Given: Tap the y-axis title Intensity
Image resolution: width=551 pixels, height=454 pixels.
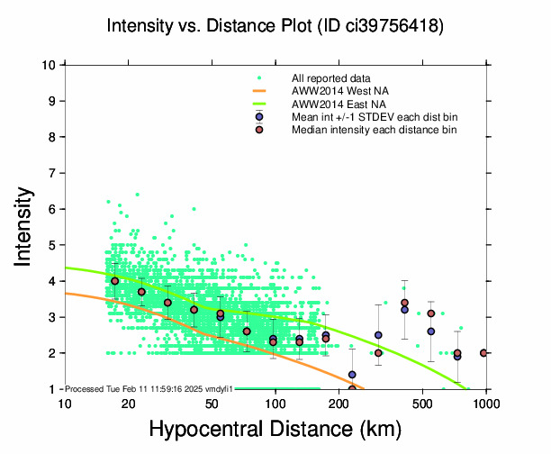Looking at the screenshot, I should tap(25, 226).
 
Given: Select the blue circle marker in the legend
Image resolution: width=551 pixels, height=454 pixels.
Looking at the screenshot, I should tap(259, 117).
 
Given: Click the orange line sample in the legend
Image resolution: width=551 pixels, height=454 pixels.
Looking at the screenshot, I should tap(259, 91).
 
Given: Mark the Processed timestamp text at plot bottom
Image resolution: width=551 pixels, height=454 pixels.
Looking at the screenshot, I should tap(149, 388).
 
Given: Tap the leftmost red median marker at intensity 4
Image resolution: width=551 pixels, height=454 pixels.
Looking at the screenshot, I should tap(114, 281).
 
